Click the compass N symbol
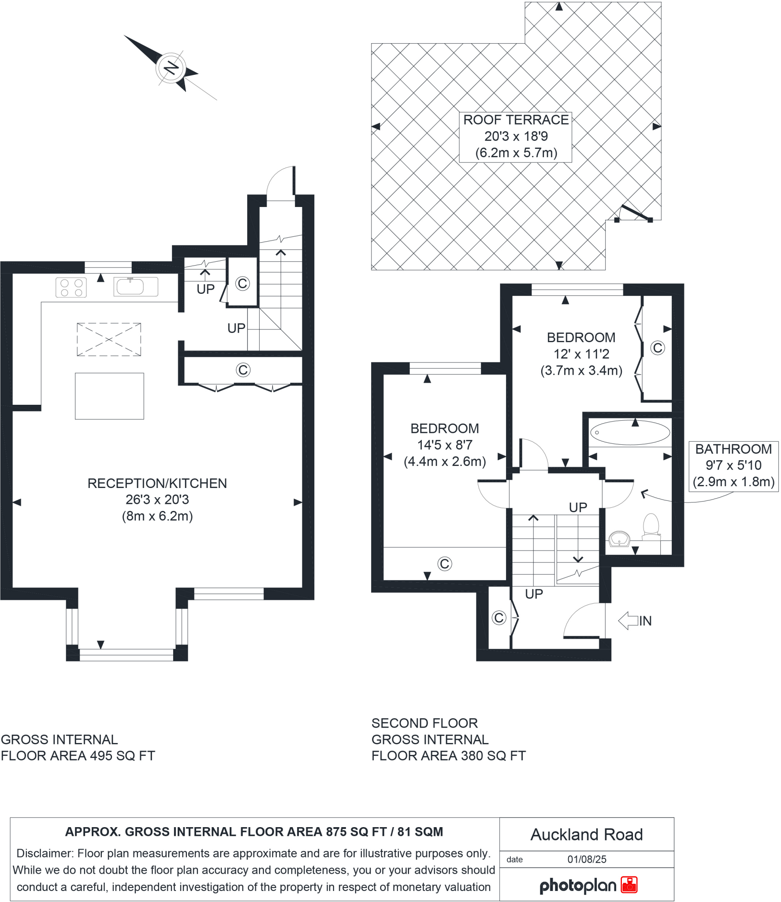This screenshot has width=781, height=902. coord(171,69)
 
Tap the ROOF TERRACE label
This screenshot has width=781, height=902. coord(515,120)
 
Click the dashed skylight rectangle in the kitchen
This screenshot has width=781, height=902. coord(109,340)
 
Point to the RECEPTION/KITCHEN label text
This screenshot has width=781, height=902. coord(157,483)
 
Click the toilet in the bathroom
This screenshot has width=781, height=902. coord(651,526)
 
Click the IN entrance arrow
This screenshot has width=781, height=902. coord(635,621)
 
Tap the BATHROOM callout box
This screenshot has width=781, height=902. coord(733,466)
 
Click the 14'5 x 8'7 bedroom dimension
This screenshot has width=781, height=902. coord(445,445)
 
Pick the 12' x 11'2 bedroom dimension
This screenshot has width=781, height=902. coord(581,354)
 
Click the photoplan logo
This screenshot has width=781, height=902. coord(588,885)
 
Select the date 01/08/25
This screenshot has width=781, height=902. coord(587,859)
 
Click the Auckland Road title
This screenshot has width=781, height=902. coord(586,835)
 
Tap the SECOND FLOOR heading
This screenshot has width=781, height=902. coord(424,723)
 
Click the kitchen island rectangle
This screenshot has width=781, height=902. coord(109,396)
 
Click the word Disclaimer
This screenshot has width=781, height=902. coord(45,854)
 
